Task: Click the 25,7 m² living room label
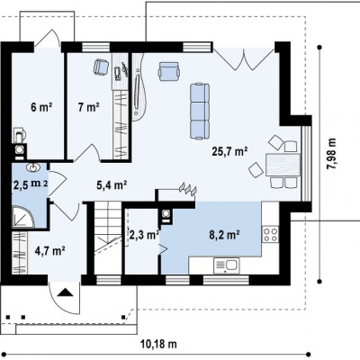click(229, 151)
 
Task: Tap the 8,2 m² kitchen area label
click(224, 235)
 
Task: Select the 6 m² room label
click(41, 107)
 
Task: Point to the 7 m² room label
click(89, 107)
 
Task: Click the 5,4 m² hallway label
click(111, 185)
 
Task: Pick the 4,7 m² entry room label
click(50, 250)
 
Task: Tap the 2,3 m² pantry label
click(144, 235)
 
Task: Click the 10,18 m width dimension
click(158, 344)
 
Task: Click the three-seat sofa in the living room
click(200, 112)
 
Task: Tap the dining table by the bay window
click(283, 165)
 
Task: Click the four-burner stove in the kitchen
click(270, 235)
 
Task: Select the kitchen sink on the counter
click(227, 265)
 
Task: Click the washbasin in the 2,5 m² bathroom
click(33, 167)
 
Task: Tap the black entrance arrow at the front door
click(65, 292)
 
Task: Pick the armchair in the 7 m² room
click(102, 67)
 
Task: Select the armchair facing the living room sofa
click(169, 71)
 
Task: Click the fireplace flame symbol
click(188, 189)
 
